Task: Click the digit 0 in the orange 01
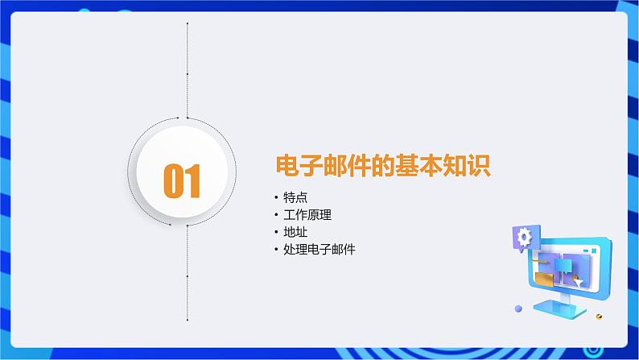(x=174, y=180)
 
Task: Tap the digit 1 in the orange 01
(x=193, y=180)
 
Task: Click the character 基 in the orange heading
(x=407, y=166)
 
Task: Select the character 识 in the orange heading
(x=479, y=166)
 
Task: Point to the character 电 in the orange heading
(x=288, y=166)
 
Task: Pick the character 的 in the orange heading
(x=383, y=166)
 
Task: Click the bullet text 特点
(x=295, y=197)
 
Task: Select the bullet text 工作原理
(x=307, y=215)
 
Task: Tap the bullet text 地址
(x=295, y=232)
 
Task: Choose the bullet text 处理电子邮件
(x=319, y=249)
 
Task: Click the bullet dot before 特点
(x=276, y=198)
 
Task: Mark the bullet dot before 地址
(x=276, y=233)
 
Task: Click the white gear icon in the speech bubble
(x=524, y=237)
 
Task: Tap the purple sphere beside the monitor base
(x=518, y=308)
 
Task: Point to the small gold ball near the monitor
(x=599, y=317)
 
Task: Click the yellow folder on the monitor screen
(x=545, y=279)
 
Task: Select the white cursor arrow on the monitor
(x=578, y=282)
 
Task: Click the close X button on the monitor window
(x=594, y=250)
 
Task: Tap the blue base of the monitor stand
(x=559, y=309)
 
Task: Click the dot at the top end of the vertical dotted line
(x=188, y=23)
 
